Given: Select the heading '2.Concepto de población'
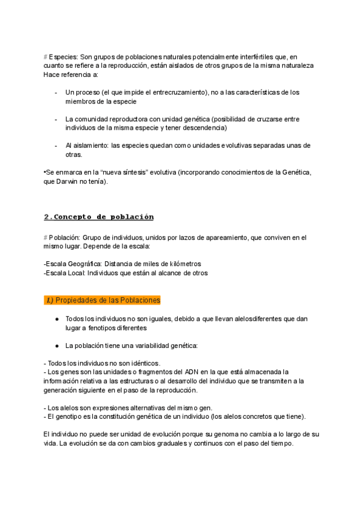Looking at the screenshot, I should coord(99,216).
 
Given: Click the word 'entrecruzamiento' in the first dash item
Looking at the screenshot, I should coord(175,92).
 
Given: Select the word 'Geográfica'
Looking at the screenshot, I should coord(84,264).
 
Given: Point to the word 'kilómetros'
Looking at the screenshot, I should coord(181,264).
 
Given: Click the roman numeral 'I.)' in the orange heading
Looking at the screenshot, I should coord(50,300).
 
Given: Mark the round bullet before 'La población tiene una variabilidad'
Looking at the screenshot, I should coord(56,345).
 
